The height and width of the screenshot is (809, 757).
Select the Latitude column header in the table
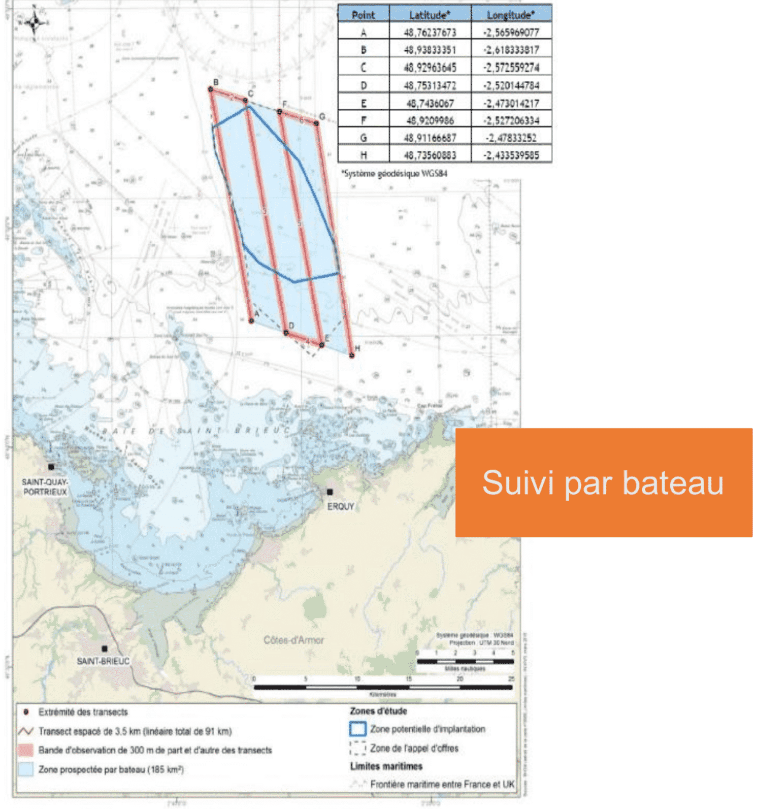[x=430, y=15]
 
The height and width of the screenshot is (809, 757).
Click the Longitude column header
[x=511, y=15]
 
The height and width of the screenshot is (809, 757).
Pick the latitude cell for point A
[x=430, y=33]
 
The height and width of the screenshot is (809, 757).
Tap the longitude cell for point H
[x=511, y=155]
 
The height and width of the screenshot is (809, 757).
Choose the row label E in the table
[x=364, y=104]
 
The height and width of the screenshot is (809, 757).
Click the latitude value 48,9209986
[x=430, y=120]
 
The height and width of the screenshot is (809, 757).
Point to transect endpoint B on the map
[x=211, y=89]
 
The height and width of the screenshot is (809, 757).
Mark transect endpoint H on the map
[x=352, y=355]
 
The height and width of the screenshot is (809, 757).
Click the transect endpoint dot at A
[x=251, y=321]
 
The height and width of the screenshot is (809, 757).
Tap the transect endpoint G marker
[x=316, y=123]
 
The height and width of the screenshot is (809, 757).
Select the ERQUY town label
[x=341, y=506]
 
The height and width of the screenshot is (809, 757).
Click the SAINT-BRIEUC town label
[x=103, y=661]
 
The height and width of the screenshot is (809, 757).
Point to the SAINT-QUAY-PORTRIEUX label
[x=45, y=487]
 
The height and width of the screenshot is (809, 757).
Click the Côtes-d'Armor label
[x=293, y=640]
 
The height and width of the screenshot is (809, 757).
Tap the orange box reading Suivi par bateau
[x=603, y=482]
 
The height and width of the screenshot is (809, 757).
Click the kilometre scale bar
[x=383, y=687]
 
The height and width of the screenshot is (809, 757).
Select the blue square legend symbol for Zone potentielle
[x=357, y=729]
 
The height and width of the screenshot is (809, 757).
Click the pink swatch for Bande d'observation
[x=25, y=750]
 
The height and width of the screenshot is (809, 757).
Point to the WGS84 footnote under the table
[x=394, y=174]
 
